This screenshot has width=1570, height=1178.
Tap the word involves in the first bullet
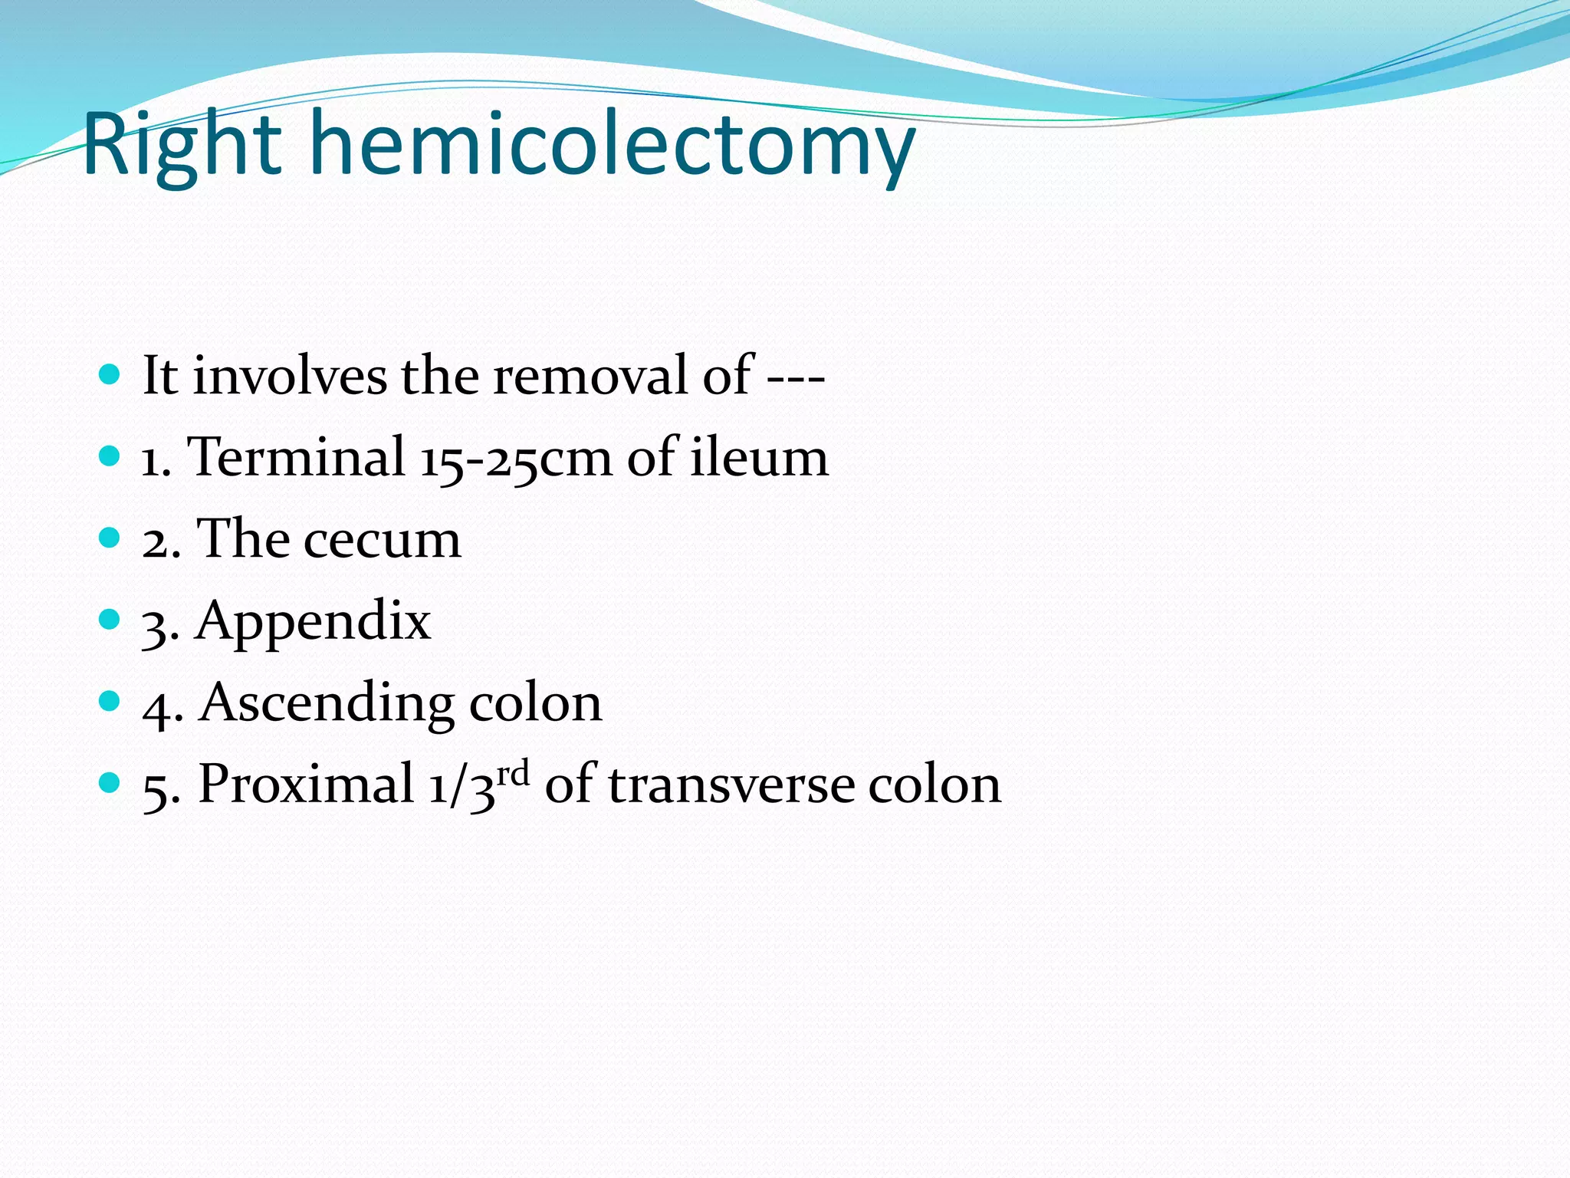tap(290, 376)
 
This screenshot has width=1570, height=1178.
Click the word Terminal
tap(297, 457)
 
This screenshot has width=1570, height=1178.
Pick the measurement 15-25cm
tap(517, 459)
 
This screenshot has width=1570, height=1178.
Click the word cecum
tap(383, 540)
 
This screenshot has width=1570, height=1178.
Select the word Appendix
tap(313, 621)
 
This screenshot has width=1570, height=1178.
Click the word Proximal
tap(306, 784)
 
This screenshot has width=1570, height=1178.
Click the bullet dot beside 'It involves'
tap(110, 375)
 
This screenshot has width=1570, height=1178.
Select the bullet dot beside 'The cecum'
tap(110, 538)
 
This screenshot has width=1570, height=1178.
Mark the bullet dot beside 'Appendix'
tap(110, 619)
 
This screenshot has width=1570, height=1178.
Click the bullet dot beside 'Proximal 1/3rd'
tap(110, 782)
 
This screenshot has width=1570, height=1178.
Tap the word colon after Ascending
tap(535, 703)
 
